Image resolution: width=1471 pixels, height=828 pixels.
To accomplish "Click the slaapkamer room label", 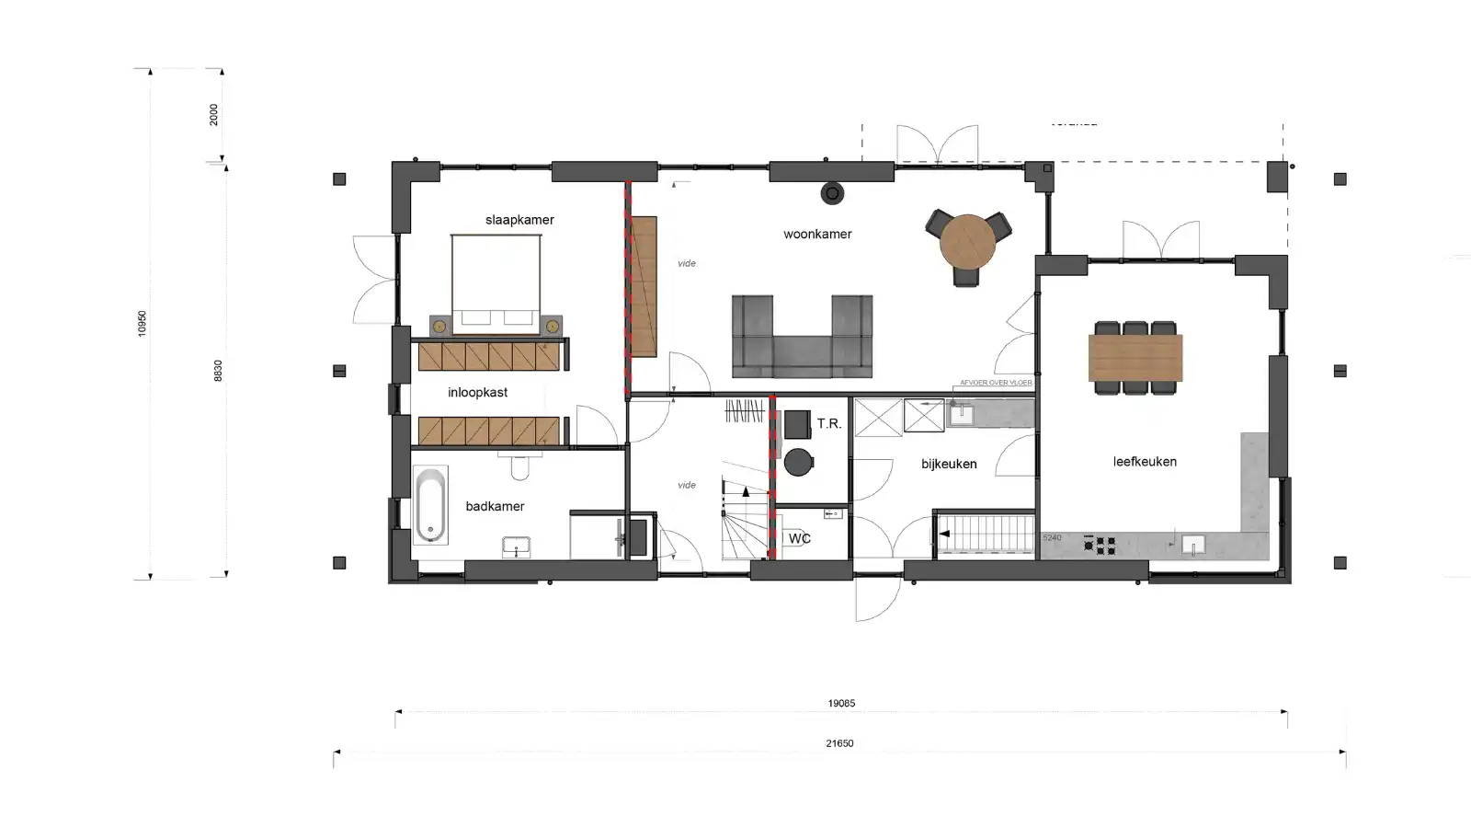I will click(519, 220).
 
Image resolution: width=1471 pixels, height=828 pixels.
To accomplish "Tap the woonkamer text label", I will click(817, 234).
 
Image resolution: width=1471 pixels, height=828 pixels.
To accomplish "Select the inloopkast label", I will click(477, 393).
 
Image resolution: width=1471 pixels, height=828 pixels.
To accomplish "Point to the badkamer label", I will click(495, 506).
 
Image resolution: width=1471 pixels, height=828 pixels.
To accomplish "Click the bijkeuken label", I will click(949, 465).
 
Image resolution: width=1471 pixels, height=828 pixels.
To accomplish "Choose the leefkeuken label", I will click(1145, 462).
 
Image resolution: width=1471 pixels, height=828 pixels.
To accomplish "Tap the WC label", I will click(799, 538).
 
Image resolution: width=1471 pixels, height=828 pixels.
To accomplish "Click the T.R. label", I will click(828, 423).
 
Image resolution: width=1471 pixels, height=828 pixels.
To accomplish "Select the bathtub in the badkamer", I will click(429, 505).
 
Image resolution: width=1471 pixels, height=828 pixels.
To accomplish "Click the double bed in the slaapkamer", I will click(496, 276).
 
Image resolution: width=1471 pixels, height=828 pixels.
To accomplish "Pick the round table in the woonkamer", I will click(967, 241).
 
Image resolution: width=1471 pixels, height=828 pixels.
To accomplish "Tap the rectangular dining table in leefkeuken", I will click(1135, 358).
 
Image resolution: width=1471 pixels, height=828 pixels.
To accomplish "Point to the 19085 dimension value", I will click(841, 703).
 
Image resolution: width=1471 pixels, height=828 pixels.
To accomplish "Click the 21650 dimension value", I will click(839, 743).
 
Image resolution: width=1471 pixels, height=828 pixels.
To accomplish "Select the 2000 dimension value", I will click(214, 115).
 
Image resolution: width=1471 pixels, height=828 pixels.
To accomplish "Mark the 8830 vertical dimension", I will click(218, 371).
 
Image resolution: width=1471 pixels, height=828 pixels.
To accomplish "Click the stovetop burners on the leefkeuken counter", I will click(1100, 546).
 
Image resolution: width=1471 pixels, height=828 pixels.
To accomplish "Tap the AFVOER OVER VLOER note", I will click(996, 383).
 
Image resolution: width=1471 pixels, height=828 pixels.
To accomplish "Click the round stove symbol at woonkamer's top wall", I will click(832, 193).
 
